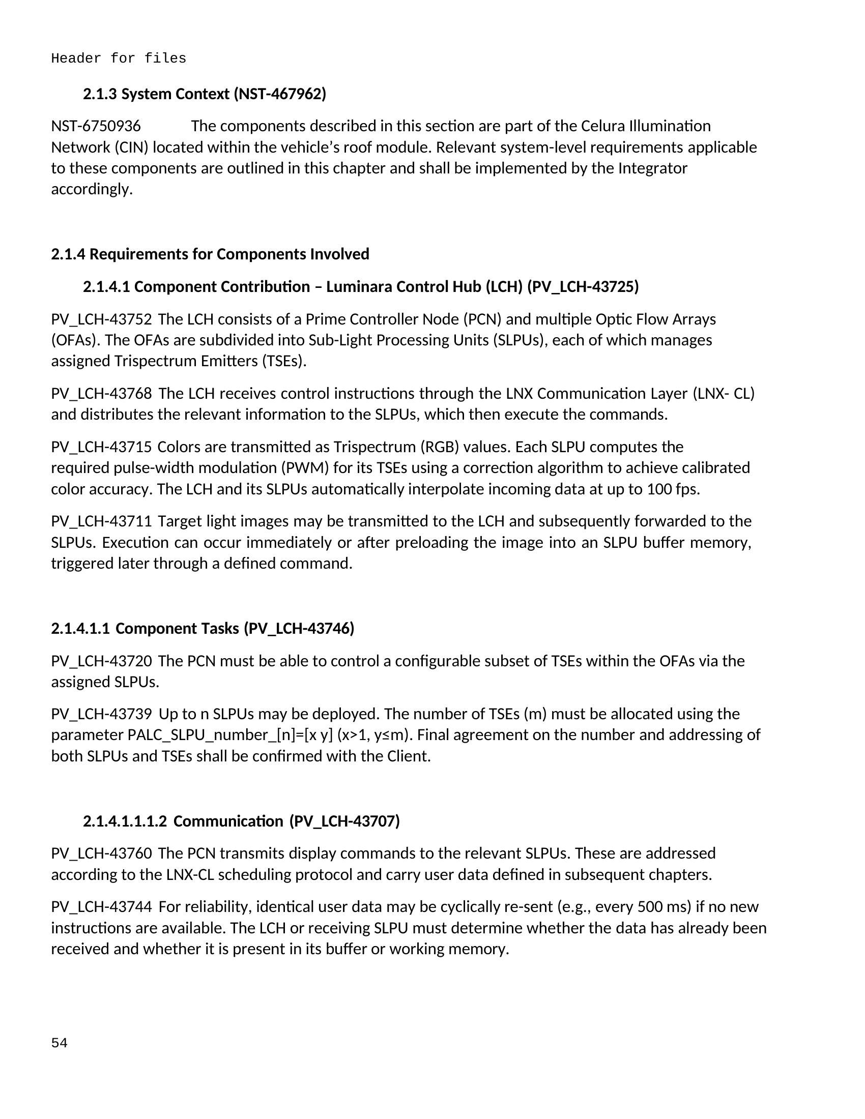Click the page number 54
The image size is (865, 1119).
59,1043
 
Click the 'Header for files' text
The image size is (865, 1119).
119,58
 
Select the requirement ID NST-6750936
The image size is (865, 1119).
96,126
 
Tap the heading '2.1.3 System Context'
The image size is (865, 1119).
205,94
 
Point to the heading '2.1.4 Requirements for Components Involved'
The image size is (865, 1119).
210,254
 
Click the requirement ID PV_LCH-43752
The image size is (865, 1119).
101,319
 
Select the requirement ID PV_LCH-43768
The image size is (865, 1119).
101,394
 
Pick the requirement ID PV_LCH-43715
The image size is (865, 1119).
101,447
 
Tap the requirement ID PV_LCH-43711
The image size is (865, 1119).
101,521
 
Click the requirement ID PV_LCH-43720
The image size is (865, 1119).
101,661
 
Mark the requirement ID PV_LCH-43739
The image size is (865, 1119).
101,714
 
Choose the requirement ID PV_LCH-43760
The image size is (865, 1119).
101,853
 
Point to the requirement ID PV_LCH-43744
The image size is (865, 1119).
101,906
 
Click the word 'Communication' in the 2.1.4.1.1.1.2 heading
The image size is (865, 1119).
228,821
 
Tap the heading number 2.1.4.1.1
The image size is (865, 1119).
80,629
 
